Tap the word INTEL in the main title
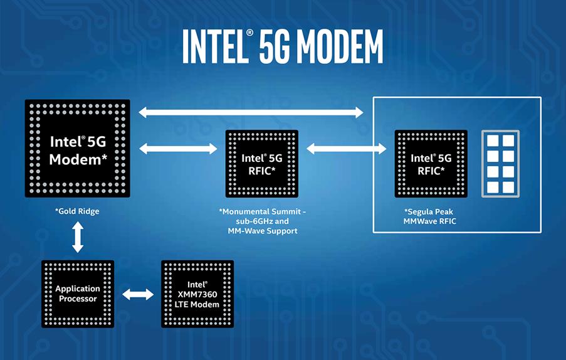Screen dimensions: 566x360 pyautogui.click(x=214, y=46)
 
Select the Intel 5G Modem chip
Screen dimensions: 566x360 pyautogui.click(x=77, y=149)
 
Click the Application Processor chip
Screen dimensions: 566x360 pyautogui.click(x=78, y=294)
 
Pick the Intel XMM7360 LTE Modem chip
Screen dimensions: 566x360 pyautogui.click(x=197, y=294)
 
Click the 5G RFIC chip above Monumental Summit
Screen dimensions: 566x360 pyautogui.click(x=262, y=164)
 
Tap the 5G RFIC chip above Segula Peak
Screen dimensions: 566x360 pyautogui.click(x=431, y=164)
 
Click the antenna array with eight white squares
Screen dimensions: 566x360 pyautogui.click(x=501, y=164)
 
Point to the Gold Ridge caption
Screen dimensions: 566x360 pyautogui.click(x=77, y=211)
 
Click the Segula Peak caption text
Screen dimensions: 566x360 pyautogui.click(x=429, y=211)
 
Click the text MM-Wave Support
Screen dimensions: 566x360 pyautogui.click(x=263, y=231)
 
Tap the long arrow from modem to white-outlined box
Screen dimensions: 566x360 pyautogui.click(x=251, y=112)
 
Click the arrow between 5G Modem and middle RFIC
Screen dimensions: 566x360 pyautogui.click(x=178, y=149)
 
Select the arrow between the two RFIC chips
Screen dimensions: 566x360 pyautogui.click(x=347, y=149)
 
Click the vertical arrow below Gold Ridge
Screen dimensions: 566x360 pyautogui.click(x=78, y=237)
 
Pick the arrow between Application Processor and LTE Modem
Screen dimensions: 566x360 pyautogui.click(x=138, y=294)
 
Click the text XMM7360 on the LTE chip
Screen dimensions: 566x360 pyautogui.click(x=197, y=294)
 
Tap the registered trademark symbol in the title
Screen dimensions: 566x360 pyautogui.click(x=249, y=33)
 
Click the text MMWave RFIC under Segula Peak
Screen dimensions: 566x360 pyautogui.click(x=429, y=221)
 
